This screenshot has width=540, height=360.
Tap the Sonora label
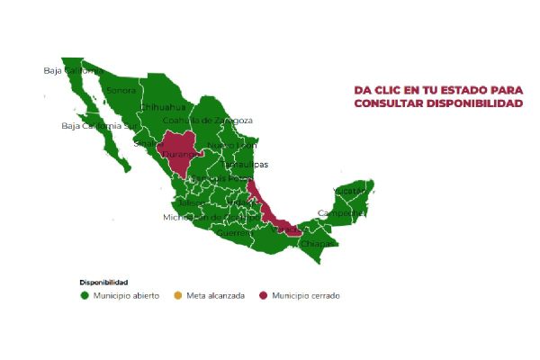click(121, 90)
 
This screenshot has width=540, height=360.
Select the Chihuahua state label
click(162, 106)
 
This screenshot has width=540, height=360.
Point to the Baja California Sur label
click(97, 126)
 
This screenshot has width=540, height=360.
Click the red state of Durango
click(184, 151)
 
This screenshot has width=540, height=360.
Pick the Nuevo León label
click(232, 144)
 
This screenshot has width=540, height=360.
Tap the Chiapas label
click(317, 243)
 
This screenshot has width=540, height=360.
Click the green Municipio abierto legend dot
click(84, 295)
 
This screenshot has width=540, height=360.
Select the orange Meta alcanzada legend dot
click(177, 295)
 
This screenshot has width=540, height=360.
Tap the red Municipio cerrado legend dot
click(263, 295)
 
